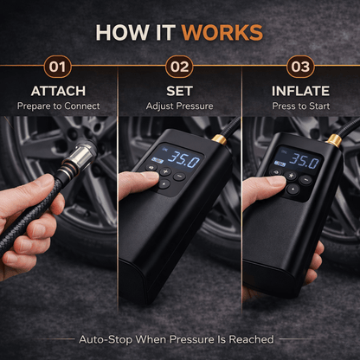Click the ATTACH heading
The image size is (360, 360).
(x=59, y=91)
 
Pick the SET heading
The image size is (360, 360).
(x=179, y=91)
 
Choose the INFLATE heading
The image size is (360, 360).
(x=299, y=91)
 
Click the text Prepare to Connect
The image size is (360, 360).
(x=59, y=106)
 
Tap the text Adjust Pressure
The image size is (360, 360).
(x=179, y=106)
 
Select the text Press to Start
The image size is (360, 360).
(x=299, y=106)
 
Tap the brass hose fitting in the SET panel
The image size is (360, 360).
(x=221, y=138)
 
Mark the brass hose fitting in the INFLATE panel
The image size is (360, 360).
(x=334, y=139)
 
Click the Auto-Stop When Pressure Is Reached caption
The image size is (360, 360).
(x=177, y=339)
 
